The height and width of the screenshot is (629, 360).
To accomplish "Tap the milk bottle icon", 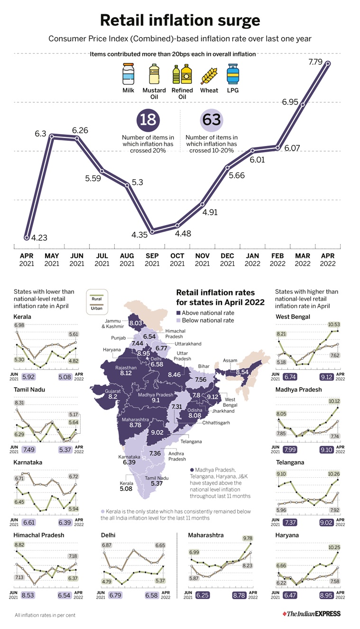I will tap(128, 75).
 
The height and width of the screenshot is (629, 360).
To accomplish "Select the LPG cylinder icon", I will tap(233, 75).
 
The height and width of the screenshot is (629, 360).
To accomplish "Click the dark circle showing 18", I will tap(148, 119).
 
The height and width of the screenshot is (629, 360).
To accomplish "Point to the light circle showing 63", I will tap(212, 119).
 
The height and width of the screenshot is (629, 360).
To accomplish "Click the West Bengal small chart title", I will tap(293, 317).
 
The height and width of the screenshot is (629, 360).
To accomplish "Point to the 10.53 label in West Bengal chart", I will tap(333, 325).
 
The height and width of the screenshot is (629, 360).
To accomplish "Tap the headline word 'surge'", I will tap(236, 21).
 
